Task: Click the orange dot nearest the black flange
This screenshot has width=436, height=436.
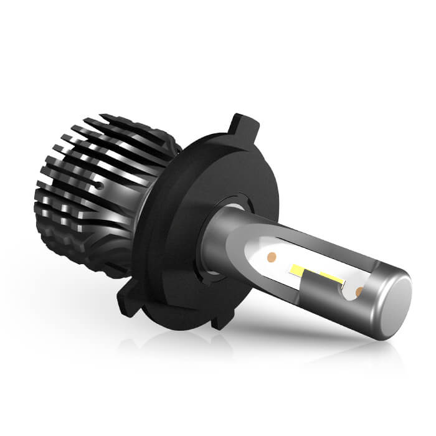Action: [x=271, y=256]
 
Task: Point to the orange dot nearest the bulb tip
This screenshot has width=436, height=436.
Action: [x=359, y=291]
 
